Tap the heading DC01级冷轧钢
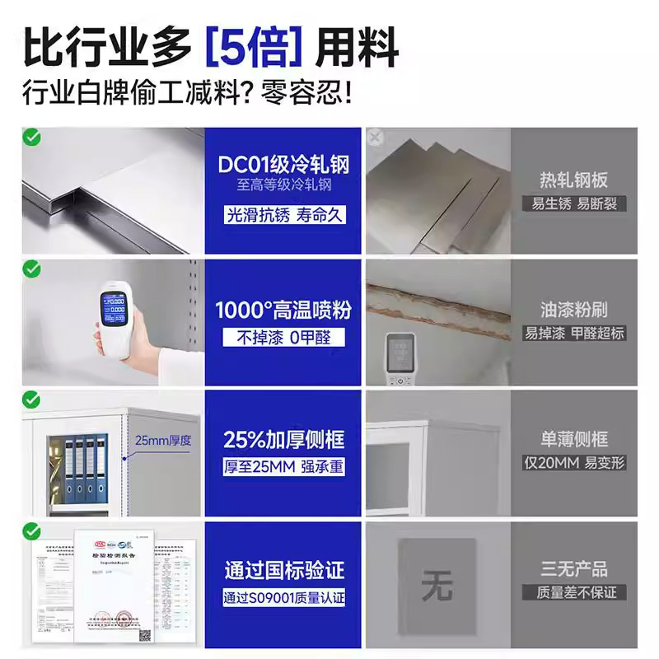[283, 165]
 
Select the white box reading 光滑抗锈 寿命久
[283, 214]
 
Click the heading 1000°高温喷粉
[283, 310]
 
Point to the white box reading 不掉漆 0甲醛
[283, 338]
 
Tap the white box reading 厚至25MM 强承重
[283, 467]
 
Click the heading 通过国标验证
[283, 569]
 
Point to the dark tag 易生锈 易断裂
[574, 203]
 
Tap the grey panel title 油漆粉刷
[574, 310]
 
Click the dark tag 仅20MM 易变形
[574, 463]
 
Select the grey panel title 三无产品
[574, 568]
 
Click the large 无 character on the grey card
[437, 587]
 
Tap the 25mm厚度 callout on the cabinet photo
[163, 440]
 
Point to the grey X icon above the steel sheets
[376, 138]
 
